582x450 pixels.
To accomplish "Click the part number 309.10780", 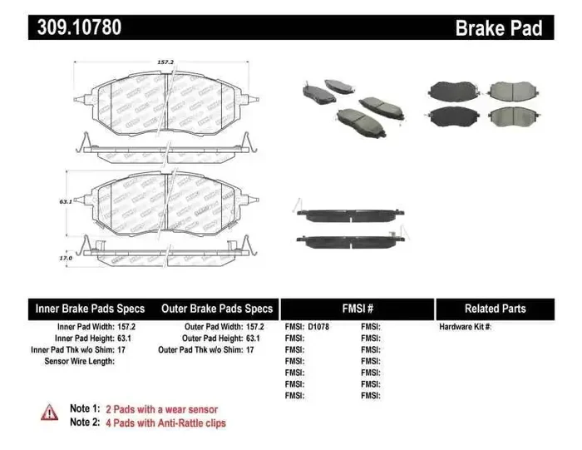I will point(79,27).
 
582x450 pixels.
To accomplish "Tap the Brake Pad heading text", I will point(499,28).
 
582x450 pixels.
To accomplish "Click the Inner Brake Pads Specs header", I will point(90,309).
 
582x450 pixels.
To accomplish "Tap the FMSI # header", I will point(358,309).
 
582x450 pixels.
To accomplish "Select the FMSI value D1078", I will point(319,327).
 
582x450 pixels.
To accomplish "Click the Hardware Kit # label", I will point(465,327).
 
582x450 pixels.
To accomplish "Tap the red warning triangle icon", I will point(50,412).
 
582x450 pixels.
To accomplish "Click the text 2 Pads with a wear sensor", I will point(163,409).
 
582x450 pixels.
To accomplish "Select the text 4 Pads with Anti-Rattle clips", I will point(165,423).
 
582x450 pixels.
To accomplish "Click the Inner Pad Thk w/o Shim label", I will point(77,350).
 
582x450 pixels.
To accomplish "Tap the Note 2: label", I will point(85,423).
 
